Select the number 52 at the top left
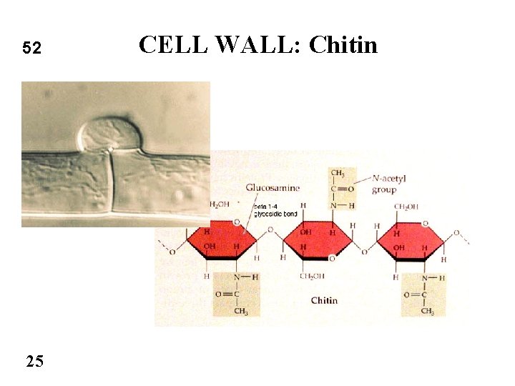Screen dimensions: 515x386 click(x=32, y=49)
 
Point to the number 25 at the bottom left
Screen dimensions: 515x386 click(x=34, y=361)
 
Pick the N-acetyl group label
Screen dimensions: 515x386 click(x=389, y=185)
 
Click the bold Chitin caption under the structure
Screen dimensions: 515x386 click(x=324, y=301)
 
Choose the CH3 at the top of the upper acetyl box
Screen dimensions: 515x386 click(x=338, y=173)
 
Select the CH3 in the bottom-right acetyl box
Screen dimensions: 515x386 click(x=427, y=311)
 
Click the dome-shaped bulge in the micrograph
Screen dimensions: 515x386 click(x=111, y=134)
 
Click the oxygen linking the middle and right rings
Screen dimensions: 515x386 click(x=364, y=252)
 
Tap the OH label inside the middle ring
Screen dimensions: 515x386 click(x=306, y=232)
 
